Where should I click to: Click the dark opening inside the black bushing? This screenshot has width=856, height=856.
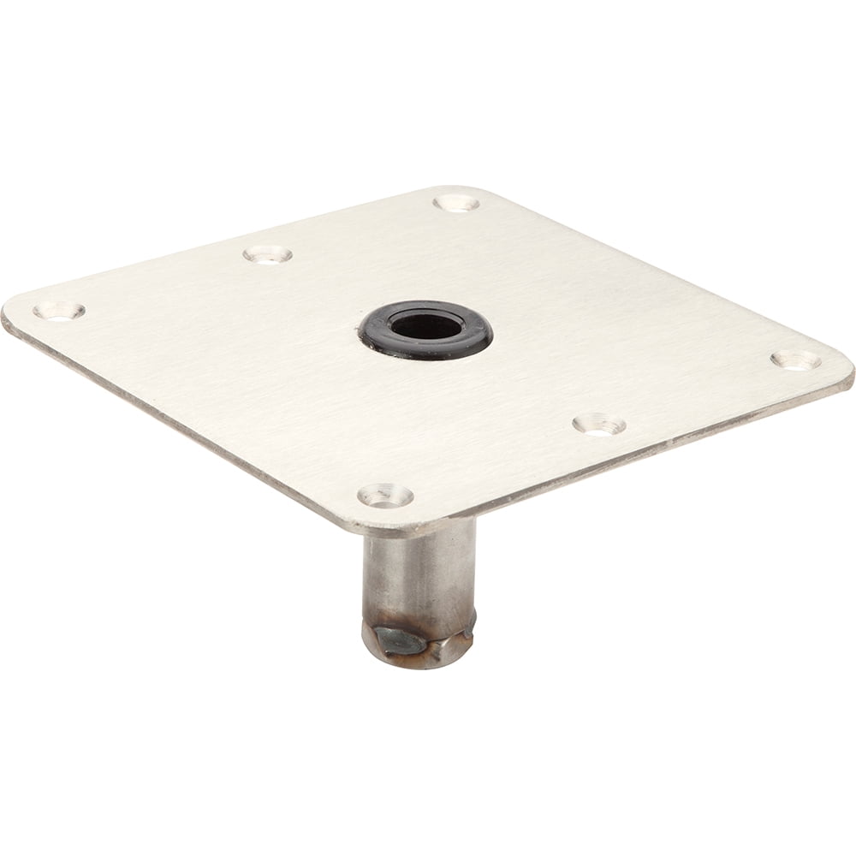click(x=425, y=326)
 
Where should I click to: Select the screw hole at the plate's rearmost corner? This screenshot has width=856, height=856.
click(x=455, y=203)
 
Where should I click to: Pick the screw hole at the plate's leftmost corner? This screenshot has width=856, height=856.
click(x=58, y=311)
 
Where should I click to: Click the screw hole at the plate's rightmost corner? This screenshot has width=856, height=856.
click(x=795, y=360)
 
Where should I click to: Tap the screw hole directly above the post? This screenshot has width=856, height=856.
click(x=385, y=495)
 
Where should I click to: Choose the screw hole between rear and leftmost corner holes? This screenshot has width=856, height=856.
click(x=267, y=254)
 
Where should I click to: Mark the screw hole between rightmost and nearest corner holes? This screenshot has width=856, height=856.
click(x=598, y=424)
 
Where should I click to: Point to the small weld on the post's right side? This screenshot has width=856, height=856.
click(x=469, y=623)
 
